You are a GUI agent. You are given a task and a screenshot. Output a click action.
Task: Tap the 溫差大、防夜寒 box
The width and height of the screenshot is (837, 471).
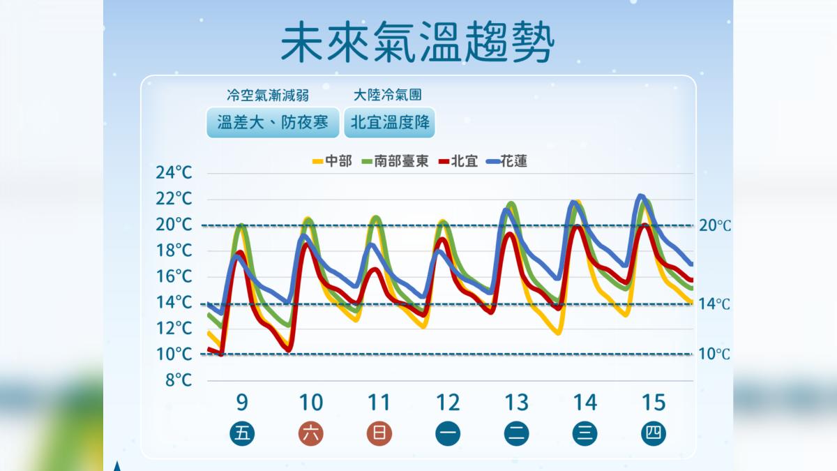pos(273,123)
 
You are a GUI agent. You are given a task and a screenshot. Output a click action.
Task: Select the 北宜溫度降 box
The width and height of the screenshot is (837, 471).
pos(391,123)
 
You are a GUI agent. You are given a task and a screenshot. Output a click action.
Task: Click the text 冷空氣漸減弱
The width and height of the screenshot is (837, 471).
pos(268,94)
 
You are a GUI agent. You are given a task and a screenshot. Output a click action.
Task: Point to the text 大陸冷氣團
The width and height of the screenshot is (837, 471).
pos(387,94)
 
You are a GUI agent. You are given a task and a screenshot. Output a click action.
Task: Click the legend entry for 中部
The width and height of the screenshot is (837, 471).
pos(332,161)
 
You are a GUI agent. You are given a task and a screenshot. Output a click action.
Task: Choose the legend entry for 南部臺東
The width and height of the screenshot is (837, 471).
pos(395,161)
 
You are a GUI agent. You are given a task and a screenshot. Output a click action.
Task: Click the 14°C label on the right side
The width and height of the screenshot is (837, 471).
pos(714,304)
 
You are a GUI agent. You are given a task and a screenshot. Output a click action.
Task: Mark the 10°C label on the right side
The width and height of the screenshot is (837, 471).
pos(714,354)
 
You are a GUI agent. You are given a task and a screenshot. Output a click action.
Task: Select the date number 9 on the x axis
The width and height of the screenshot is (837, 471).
pos(242,403)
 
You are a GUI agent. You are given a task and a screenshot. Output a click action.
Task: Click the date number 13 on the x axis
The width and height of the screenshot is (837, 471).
pos(516,403)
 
